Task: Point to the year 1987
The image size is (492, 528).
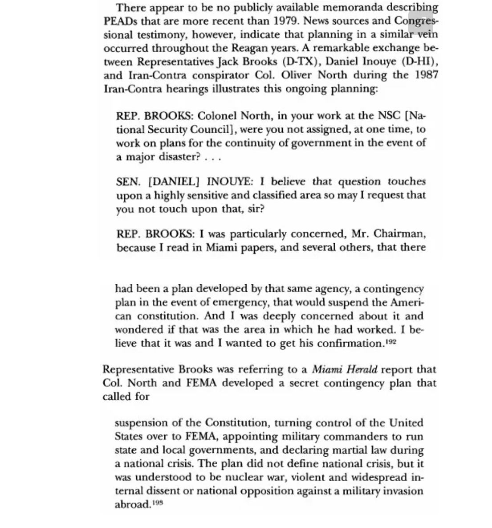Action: [x=426, y=75]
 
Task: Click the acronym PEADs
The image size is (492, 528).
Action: [x=120, y=20]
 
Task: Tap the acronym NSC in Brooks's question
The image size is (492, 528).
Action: [x=390, y=116]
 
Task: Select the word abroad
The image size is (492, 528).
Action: [x=132, y=504]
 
